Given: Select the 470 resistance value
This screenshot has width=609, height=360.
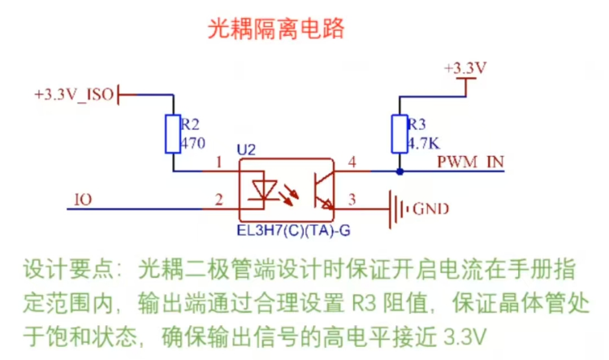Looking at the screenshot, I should tap(193, 141).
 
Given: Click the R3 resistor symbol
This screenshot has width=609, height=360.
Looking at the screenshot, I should tap(399, 133).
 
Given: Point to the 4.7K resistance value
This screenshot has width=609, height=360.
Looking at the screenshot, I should tap(421, 141).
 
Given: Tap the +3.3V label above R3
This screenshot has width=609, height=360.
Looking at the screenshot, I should tap(466, 69).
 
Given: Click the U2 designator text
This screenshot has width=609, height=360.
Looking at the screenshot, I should tap(246, 151).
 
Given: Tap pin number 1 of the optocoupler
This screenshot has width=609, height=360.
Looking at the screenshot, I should tap(218, 163).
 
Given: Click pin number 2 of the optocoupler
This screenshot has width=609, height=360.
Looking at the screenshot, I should tap(218, 198).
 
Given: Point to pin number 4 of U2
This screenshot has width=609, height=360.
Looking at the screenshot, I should tap(352, 163).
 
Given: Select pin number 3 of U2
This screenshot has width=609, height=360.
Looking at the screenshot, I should tap(352, 198).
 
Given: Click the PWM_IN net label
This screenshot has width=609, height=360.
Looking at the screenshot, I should tap(470, 161).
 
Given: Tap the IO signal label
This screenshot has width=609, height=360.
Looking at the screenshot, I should tap(82, 198).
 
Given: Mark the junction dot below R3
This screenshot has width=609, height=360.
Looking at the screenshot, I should tap(399, 172).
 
